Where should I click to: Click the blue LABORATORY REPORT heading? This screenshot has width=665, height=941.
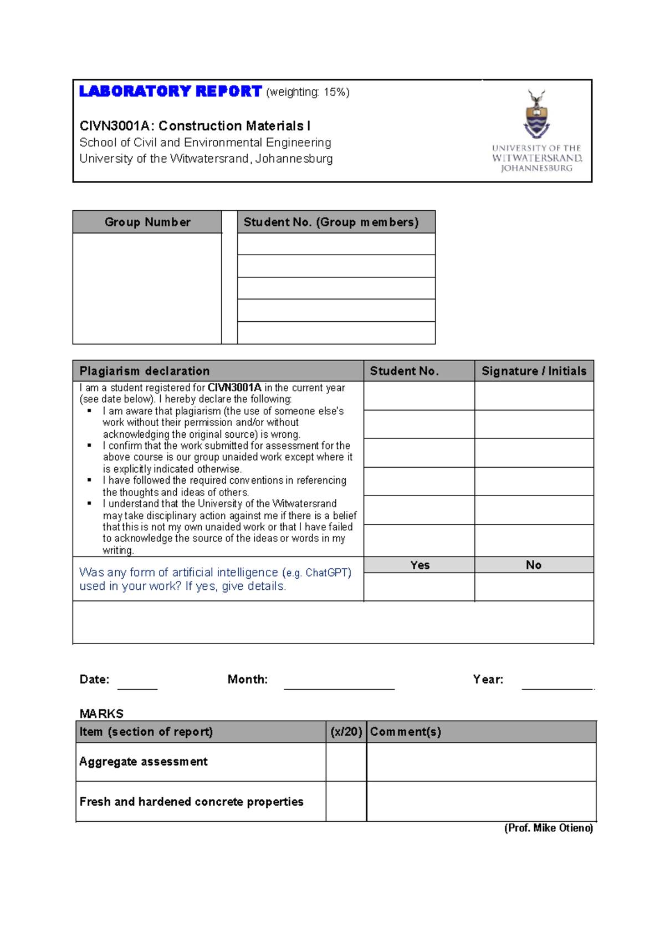170,92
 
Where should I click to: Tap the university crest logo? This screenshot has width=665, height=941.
536,114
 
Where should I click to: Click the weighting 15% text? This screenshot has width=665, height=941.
308,92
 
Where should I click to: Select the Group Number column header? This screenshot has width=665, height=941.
147,222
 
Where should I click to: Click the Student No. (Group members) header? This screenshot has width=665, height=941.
331,222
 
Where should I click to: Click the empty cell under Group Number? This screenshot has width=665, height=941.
147,289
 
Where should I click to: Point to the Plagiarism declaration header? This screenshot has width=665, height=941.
145,371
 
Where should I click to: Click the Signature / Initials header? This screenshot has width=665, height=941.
534,371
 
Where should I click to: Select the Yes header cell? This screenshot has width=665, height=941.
420,565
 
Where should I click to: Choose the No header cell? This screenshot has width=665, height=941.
534,565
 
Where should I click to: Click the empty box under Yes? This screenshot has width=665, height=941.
420,587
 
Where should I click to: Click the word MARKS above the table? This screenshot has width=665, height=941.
101,714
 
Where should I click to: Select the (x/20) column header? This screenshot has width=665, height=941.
346,732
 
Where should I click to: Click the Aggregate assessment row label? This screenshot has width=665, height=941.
144,762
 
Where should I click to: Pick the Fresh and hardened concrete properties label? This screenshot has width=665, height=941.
191,802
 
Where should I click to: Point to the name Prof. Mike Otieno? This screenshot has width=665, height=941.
548,828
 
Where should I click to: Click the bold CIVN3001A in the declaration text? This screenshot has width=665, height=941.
234,388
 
